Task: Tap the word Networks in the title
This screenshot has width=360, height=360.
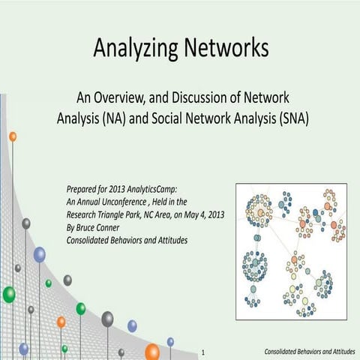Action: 223,49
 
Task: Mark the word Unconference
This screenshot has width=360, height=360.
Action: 145,200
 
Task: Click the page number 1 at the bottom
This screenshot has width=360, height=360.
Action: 204,351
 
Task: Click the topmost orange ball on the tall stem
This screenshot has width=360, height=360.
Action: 13,136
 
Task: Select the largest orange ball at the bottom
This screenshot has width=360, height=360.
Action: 152,351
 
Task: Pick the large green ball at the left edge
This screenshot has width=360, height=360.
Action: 8,294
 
